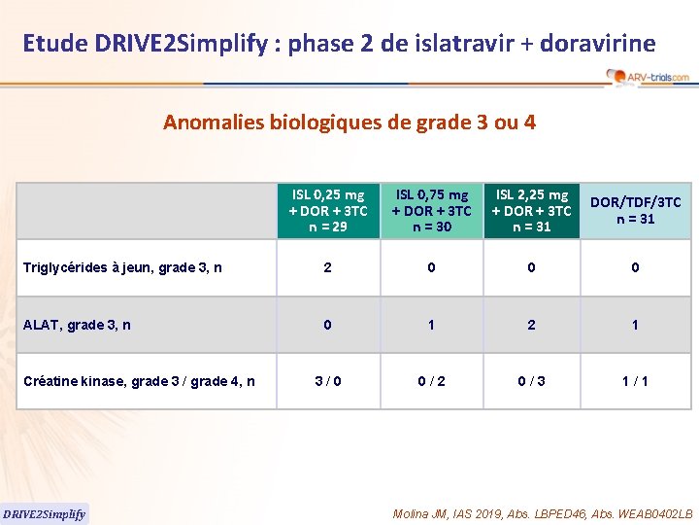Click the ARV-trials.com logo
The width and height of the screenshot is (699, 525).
[648, 76]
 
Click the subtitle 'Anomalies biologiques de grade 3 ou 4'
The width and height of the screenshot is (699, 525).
[349, 122]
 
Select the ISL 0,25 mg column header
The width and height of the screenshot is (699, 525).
[328, 211]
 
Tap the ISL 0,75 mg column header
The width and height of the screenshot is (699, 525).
[431, 211]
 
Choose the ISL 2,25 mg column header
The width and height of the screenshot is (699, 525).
[531, 211]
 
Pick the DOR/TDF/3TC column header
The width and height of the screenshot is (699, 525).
[636, 211]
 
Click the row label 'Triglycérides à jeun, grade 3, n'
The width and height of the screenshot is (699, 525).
[122, 267]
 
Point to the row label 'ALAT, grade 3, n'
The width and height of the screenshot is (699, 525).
[78, 325]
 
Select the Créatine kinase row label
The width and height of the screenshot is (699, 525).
[139, 381]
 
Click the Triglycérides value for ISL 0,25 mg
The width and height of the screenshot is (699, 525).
[328, 267]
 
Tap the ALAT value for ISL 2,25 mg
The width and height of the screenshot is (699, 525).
[531, 325]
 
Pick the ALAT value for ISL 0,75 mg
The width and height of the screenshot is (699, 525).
[431, 325]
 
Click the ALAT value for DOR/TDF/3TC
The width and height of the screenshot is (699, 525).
[636, 325]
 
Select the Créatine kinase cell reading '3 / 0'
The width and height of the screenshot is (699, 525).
[328, 381]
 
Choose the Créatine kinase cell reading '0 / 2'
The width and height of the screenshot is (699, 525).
[431, 381]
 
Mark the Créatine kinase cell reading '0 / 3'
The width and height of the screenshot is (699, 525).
[531, 381]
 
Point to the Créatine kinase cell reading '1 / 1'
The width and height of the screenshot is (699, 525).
[636, 381]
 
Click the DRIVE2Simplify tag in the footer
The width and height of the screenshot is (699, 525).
[45, 513]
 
